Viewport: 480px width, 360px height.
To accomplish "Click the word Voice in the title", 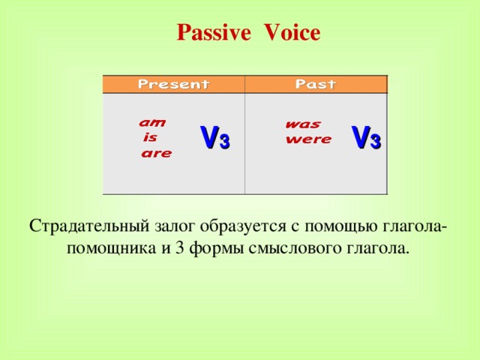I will tap(292, 33).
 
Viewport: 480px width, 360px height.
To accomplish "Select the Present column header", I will tap(173, 84).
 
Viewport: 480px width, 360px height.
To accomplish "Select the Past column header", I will tap(316, 84).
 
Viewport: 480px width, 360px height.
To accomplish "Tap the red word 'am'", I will tap(153, 121).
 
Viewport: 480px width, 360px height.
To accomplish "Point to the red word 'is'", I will tap(150, 137).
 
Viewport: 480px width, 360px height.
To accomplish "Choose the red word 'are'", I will tap(157, 154).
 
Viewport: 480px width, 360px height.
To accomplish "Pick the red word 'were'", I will tap(308, 139).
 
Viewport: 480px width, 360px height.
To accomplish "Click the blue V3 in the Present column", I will tap(214, 138).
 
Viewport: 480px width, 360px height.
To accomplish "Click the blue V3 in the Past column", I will tap(366, 137).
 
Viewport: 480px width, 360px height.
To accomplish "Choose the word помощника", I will tap(111, 248).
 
